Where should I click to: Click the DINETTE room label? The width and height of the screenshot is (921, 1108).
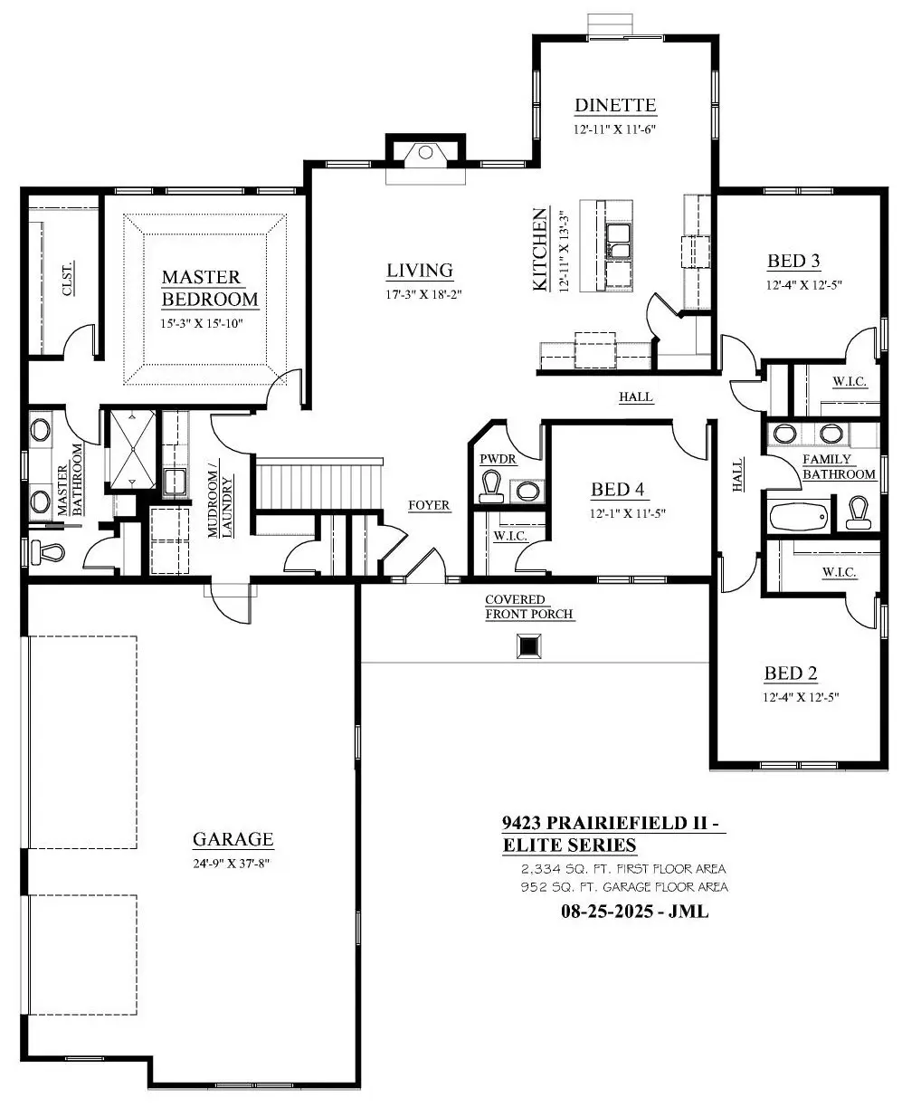click(x=615, y=105)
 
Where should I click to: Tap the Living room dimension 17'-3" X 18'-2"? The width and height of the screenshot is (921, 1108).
click(x=424, y=294)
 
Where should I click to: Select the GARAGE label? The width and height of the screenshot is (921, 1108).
click(x=233, y=839)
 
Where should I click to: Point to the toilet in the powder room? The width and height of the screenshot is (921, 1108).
click(x=490, y=486)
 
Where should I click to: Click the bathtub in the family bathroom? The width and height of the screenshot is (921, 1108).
click(x=800, y=516)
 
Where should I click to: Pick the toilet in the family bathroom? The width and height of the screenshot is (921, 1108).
click(x=859, y=513)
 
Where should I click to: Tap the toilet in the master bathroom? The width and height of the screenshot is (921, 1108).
click(x=48, y=552)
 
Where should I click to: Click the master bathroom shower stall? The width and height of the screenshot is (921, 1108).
click(x=132, y=449)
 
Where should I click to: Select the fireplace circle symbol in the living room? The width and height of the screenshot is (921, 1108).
click(x=425, y=153)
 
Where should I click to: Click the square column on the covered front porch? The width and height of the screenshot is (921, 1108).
click(x=529, y=645)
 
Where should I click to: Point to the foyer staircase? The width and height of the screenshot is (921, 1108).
click(x=318, y=484)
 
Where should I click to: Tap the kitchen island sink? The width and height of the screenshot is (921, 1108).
click(x=618, y=241)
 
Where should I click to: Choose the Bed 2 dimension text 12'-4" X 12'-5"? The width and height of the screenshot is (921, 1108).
click(x=801, y=697)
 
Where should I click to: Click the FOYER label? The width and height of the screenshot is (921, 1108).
click(x=429, y=505)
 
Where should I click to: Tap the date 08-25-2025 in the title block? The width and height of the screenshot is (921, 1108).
click(x=607, y=912)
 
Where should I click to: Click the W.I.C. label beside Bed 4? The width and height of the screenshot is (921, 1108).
click(x=510, y=536)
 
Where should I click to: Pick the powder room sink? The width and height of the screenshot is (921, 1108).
click(x=527, y=491)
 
